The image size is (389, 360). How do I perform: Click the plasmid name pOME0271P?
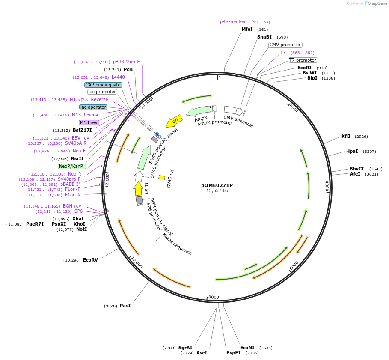pyautogui.click(x=217, y=185)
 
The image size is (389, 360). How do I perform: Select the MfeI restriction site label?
pyautogui.click(x=247, y=29)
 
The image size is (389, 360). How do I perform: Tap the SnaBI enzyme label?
pyautogui.click(x=264, y=37)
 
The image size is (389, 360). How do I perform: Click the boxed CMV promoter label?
pyautogui.click(x=285, y=45)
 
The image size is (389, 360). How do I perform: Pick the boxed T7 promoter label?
pyautogui.click(x=303, y=60)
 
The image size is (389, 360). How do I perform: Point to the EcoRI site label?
pyautogui.click(x=304, y=68)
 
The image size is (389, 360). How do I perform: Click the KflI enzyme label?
pyautogui.click(x=346, y=136)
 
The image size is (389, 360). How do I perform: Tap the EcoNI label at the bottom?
pyautogui.click(x=247, y=348)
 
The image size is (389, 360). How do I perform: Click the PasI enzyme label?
pyautogui.click(x=125, y=306)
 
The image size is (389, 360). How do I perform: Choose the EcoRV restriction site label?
pyautogui.click(x=90, y=260)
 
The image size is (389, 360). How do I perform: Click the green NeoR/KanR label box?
pyautogui.click(x=71, y=166)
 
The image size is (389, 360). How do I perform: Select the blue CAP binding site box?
pyautogui.click(x=103, y=85)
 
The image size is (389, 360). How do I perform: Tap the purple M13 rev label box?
pyautogui.click(x=89, y=122)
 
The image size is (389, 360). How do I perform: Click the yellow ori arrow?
pyautogui.click(x=175, y=121)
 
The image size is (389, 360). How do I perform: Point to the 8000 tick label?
pyautogui.click(x=214, y=297)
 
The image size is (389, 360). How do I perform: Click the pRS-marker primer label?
pyautogui.click(x=233, y=21)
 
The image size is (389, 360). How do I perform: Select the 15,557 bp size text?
pyautogui.click(x=217, y=191)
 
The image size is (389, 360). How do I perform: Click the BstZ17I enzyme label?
pyautogui.click(x=82, y=130)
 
